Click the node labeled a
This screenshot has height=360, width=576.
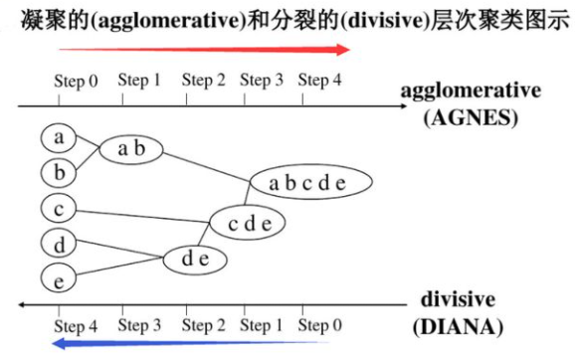[60, 137]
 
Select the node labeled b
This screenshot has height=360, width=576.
[60, 173]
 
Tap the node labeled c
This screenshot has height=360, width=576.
[60, 209]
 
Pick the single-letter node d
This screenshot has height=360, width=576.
[60, 244]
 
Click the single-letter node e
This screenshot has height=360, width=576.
[60, 280]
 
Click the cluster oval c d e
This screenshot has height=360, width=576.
[249, 223]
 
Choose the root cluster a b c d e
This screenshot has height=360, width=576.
[309, 183]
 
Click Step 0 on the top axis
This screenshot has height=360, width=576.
[77, 82]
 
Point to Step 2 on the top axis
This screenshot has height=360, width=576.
[204, 80]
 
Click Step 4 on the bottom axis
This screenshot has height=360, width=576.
[77, 326]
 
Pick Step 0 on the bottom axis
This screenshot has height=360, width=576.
[320, 325]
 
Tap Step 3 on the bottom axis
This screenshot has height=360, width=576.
[140, 325]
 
